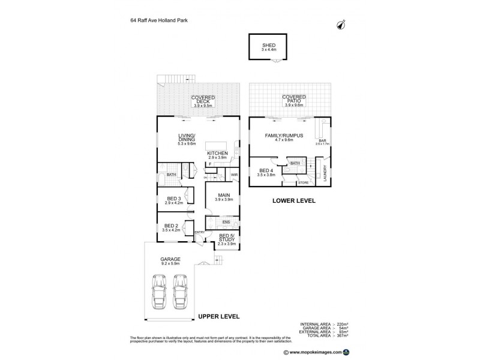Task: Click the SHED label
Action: click(268, 45)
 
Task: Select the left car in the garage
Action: click(160, 291)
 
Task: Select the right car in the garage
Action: click(180, 291)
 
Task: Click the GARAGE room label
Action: click(170, 259)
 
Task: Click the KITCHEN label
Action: click(217, 154)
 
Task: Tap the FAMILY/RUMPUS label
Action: click(283, 136)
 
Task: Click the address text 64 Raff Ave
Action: click(144, 20)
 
